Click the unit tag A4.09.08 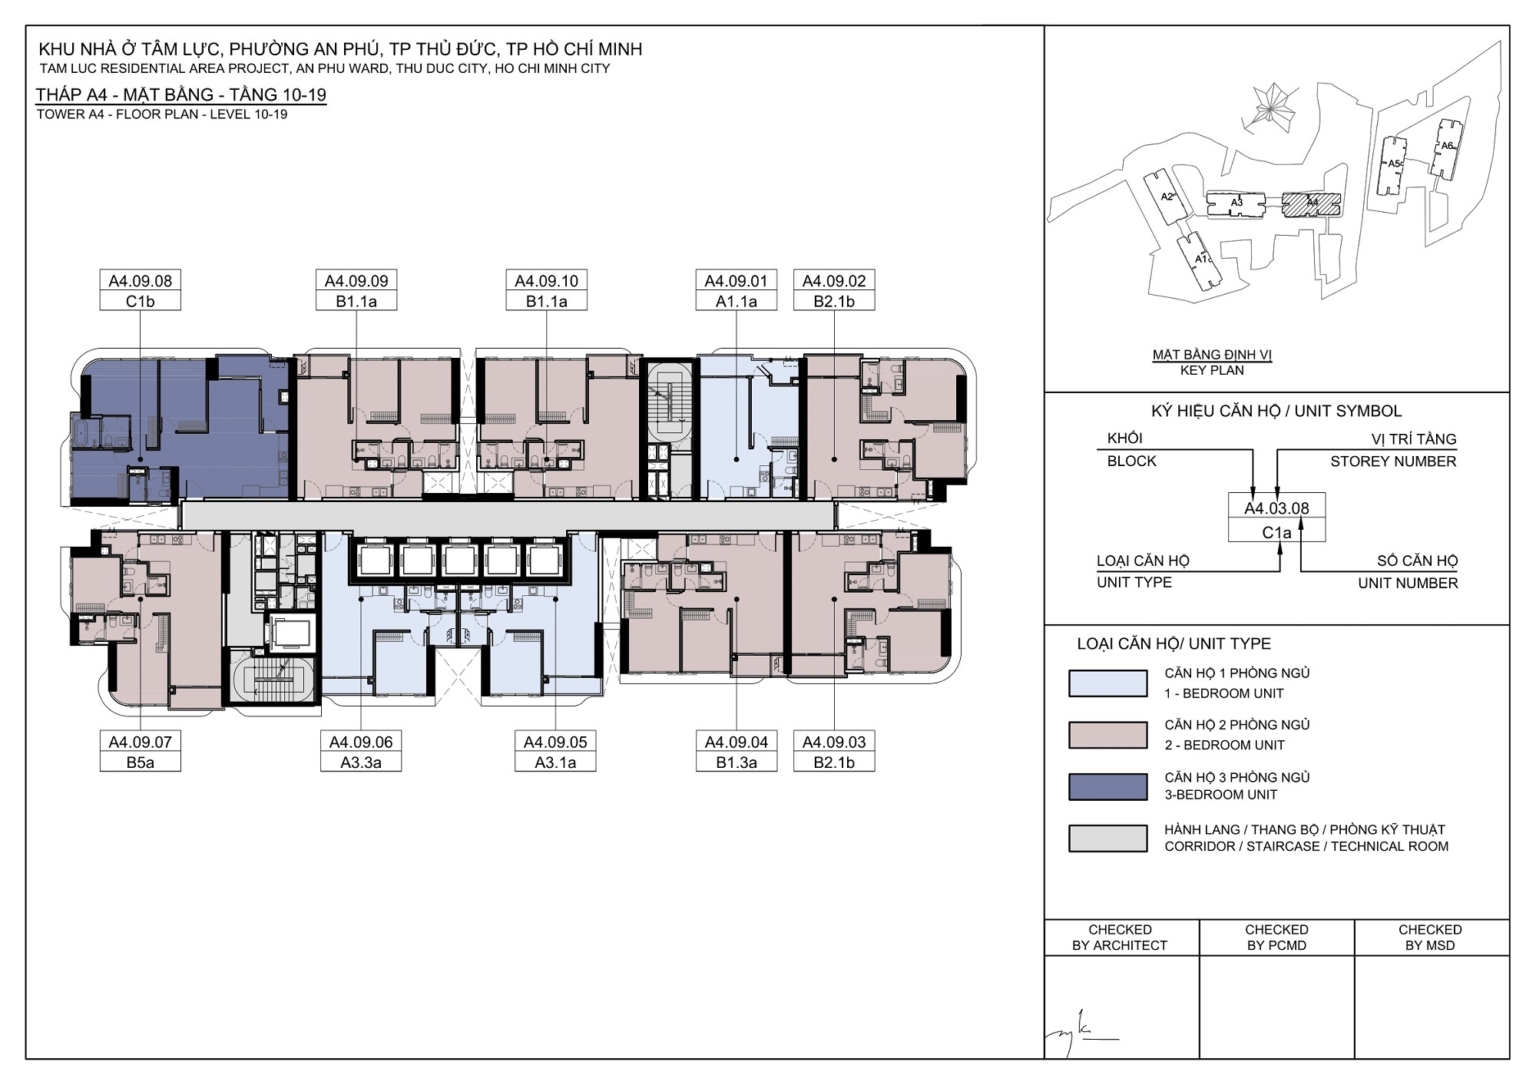[140, 281]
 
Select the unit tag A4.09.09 [356, 281]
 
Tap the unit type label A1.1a [736, 301]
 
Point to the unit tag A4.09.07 [140, 741]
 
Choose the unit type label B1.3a [736, 762]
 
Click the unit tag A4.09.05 [555, 741]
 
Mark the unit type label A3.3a [361, 762]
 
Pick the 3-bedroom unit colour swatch [1107, 787]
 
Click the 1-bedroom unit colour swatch [1107, 683]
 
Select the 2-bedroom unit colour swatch [1107, 735]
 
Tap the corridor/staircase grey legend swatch [1107, 838]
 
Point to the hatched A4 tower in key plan [1312, 202]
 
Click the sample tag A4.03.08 [1276, 508]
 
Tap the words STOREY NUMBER [1393, 462]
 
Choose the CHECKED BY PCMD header [1276, 937]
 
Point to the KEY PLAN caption [1212, 370]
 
